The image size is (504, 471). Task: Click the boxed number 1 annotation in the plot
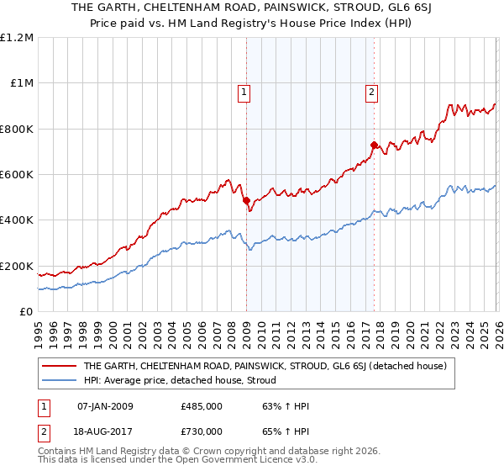244,93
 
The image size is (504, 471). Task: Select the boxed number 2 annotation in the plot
371,93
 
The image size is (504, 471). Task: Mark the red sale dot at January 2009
246,201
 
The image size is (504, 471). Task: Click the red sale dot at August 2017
373,145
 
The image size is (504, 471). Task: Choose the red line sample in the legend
60,366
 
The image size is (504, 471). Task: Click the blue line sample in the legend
60,380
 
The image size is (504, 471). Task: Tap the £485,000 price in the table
202,406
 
